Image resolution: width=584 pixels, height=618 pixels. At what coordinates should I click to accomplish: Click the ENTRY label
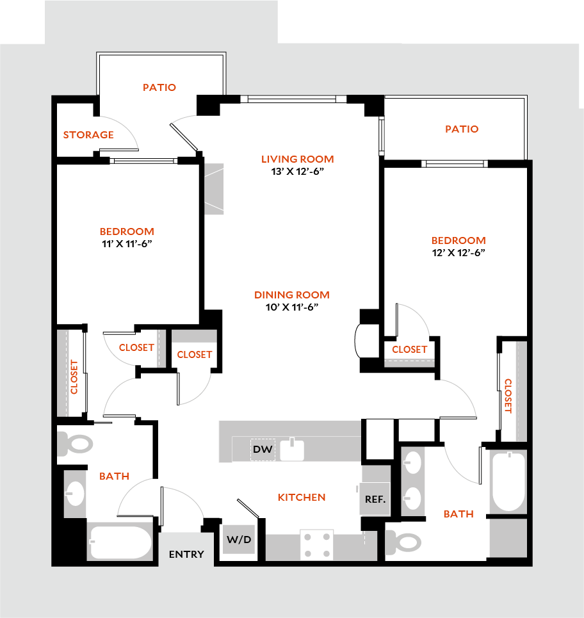coord(186,555)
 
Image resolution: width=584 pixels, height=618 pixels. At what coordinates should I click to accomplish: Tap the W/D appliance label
coord(239,540)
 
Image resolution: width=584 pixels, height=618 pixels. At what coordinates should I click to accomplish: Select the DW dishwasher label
coord(263,450)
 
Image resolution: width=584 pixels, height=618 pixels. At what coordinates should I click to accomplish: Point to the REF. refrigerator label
coord(375,499)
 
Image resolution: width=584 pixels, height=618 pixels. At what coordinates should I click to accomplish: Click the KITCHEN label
coord(302,498)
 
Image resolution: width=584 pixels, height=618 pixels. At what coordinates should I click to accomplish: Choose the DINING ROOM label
coord(292,295)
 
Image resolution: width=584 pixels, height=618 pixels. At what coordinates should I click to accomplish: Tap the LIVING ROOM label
coord(298,159)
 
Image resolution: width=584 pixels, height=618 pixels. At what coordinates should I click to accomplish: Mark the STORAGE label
coord(88,135)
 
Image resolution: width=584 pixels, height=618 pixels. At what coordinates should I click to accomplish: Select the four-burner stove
coord(317,544)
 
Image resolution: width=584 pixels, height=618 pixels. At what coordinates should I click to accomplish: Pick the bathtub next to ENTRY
coord(121,542)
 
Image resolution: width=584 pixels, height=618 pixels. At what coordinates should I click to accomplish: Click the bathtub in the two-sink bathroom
coord(508,482)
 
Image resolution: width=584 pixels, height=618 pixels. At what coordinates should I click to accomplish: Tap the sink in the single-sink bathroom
coord(75,493)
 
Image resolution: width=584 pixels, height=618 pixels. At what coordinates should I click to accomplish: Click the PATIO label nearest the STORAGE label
coord(159,87)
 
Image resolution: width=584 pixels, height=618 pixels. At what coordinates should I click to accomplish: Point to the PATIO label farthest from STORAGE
coord(462,129)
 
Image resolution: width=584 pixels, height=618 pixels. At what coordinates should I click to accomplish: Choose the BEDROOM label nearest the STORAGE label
coord(127,232)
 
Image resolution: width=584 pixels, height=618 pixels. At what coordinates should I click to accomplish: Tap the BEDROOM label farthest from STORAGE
coord(458,241)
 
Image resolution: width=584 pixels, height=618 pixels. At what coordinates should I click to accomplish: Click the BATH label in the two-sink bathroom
coord(458,514)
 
